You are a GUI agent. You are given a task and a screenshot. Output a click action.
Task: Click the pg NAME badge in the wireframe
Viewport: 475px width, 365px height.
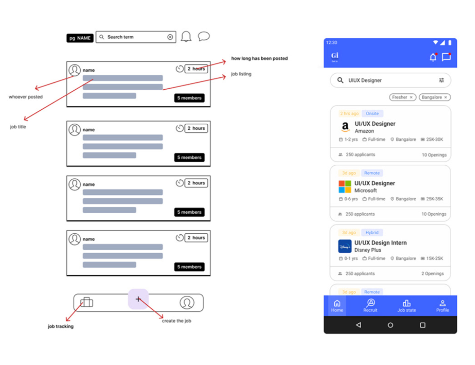click(x=80, y=38)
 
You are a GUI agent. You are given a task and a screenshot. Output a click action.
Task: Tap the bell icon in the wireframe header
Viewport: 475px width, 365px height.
click(x=186, y=36)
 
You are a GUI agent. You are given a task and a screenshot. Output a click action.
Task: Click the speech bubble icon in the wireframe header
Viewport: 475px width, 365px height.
click(x=204, y=36)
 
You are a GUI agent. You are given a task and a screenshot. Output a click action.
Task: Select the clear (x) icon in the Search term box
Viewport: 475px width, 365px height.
click(x=170, y=37)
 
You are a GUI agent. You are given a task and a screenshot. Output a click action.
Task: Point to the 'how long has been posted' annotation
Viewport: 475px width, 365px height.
click(x=259, y=58)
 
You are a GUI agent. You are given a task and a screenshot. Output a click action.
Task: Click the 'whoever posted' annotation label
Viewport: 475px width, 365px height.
click(x=26, y=97)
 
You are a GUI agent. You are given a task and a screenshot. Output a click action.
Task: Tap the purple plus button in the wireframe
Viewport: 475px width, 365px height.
click(x=138, y=299)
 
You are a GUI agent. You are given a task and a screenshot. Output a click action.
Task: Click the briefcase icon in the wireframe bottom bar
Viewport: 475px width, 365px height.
click(x=87, y=302)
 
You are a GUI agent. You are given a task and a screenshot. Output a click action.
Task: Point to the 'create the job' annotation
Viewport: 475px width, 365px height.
click(x=176, y=321)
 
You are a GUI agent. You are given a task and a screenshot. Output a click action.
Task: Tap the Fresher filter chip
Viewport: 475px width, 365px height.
click(x=402, y=97)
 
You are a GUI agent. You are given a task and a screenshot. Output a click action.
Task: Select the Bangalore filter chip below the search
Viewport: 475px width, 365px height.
click(x=434, y=97)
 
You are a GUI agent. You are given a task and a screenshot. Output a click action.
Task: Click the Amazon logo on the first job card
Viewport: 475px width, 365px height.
click(x=345, y=126)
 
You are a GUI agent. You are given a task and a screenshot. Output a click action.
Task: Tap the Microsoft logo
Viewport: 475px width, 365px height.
click(x=344, y=187)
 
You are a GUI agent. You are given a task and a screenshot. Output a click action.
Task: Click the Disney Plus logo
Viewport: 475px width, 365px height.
click(x=344, y=246)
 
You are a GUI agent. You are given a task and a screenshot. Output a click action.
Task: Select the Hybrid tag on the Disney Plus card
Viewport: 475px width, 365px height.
click(x=372, y=233)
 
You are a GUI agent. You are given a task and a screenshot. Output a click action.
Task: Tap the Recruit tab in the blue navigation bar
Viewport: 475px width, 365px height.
click(x=370, y=305)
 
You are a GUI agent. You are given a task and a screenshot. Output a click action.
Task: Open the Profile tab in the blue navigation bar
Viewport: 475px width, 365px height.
click(x=442, y=305)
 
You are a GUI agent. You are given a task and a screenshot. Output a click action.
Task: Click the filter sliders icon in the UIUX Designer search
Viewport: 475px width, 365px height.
click(x=441, y=80)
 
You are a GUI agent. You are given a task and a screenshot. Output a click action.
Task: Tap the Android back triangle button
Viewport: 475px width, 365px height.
click(x=358, y=325)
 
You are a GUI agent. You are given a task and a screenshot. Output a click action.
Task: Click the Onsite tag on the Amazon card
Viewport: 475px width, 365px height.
click(x=372, y=113)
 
